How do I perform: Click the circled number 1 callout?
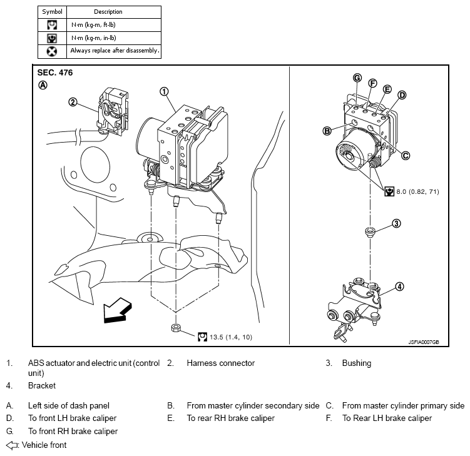point(164,91)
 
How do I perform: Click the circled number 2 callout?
point(73,103)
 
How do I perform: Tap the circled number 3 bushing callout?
point(396,223)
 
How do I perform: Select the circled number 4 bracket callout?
point(399,287)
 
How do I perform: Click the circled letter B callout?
point(326,131)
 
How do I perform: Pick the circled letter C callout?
point(406,156)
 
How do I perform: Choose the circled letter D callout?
point(402,95)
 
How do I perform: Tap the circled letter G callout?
point(357,78)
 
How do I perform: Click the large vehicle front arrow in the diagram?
point(118,311)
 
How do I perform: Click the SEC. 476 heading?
point(55,73)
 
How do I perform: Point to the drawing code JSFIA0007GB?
point(423,342)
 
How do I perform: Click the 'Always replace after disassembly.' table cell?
point(115,51)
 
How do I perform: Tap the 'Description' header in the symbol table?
point(108,11)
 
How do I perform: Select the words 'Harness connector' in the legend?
point(220,363)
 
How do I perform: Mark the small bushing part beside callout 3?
point(370,233)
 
